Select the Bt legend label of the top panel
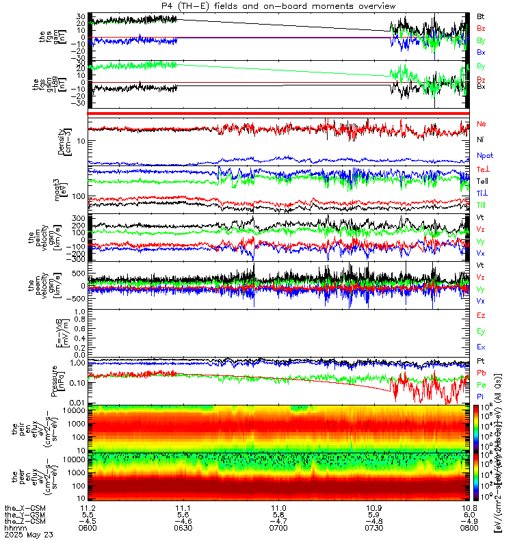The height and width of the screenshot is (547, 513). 480,15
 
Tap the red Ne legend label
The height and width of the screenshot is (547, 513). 481,124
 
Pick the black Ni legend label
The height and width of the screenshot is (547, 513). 480,139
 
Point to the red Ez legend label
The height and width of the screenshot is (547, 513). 481,315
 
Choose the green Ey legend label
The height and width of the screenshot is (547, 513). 481,331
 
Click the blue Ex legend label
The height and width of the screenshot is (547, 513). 481,347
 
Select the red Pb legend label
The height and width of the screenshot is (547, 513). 481,372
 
